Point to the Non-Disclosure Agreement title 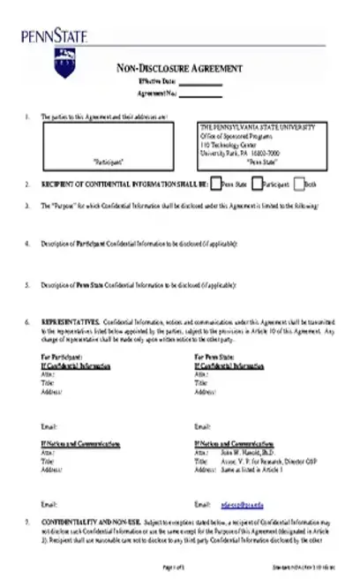(180, 70)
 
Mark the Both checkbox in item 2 (299, 184)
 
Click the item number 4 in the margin (28, 243)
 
